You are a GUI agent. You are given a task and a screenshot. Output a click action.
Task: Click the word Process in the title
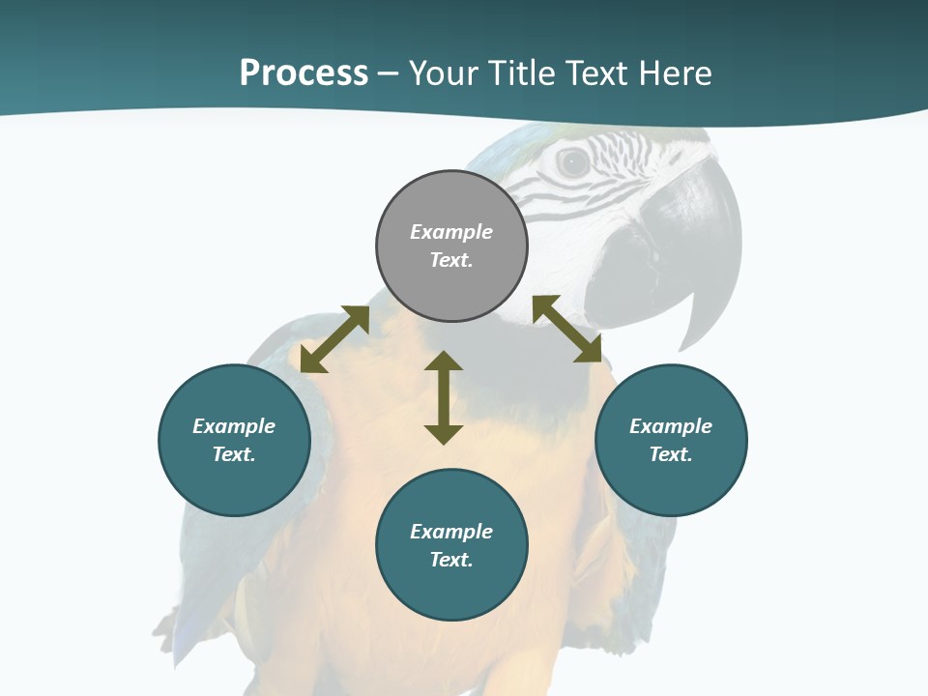[304, 73]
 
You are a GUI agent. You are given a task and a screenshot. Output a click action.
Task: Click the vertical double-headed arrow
[444, 398]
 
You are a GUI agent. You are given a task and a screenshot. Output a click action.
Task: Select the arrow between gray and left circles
[334, 339]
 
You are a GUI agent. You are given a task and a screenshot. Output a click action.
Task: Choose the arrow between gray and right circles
[567, 329]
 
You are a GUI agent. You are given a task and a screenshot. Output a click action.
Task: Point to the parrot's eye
[573, 162]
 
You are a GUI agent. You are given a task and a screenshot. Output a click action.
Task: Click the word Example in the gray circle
[451, 232]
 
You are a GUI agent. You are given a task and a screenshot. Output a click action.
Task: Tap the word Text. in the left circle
[234, 454]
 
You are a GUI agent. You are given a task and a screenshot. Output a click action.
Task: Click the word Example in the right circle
[671, 426]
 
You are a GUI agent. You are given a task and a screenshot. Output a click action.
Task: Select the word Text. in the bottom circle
[451, 560]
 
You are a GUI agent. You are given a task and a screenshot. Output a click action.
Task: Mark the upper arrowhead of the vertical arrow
[444, 362]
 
